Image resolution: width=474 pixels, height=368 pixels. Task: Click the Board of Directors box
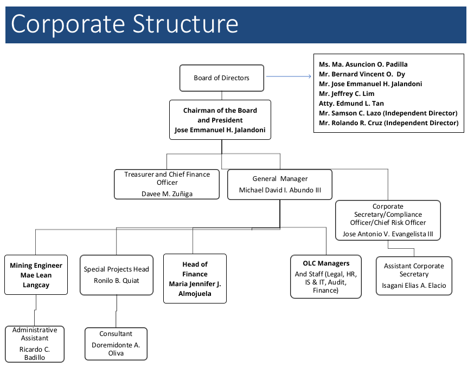pyautogui.click(x=221, y=78)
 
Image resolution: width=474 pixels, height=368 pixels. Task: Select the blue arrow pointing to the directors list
pyautogui.click(x=289, y=76)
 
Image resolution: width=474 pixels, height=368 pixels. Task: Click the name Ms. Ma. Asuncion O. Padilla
pyautogui.click(x=363, y=64)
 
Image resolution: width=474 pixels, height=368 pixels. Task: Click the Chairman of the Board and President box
pyautogui.click(x=220, y=120)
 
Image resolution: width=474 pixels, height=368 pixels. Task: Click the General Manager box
pyautogui.click(x=280, y=184)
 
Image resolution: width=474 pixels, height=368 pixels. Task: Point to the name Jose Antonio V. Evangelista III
pyautogui.click(x=388, y=234)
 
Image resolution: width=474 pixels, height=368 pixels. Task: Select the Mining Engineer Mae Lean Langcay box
pyautogui.click(x=36, y=275)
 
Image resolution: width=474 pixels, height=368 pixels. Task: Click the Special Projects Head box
pyautogui.click(x=116, y=275)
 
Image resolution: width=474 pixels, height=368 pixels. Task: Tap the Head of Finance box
pyautogui.click(x=195, y=279)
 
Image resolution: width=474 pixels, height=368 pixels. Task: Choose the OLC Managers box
pyautogui.click(x=325, y=276)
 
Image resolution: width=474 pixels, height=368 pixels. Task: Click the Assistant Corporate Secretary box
pyautogui.click(x=414, y=276)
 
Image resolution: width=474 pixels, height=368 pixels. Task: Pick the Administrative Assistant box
pyautogui.click(x=35, y=344)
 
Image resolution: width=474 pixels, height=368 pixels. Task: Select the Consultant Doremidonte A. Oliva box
pyautogui.click(x=116, y=344)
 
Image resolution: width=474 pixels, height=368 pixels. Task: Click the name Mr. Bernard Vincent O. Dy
pyautogui.click(x=362, y=74)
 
